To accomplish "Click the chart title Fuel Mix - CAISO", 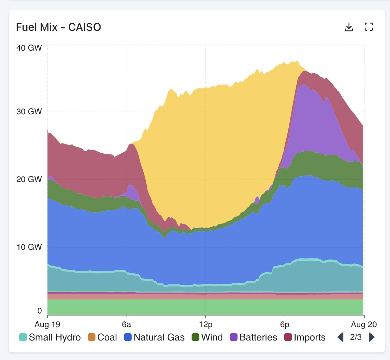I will (x=58, y=27).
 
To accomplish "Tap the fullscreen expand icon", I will (x=368, y=27).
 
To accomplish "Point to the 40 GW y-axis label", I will (x=29, y=48).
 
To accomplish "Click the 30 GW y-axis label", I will (x=29, y=112).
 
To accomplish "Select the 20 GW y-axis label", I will (x=29, y=179).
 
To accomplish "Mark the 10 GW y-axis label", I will (x=29, y=247).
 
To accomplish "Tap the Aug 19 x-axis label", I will (x=48, y=323).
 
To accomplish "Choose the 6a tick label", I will (x=127, y=323).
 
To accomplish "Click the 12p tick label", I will (x=206, y=323).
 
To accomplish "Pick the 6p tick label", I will (x=285, y=323).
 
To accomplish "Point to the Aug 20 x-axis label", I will (x=363, y=323).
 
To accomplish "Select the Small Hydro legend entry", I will (x=50, y=337).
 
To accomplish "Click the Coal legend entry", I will (x=103, y=337).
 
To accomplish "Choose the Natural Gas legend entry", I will (x=155, y=337).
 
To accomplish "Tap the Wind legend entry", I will (x=207, y=337).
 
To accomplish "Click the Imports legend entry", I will (x=305, y=337).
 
